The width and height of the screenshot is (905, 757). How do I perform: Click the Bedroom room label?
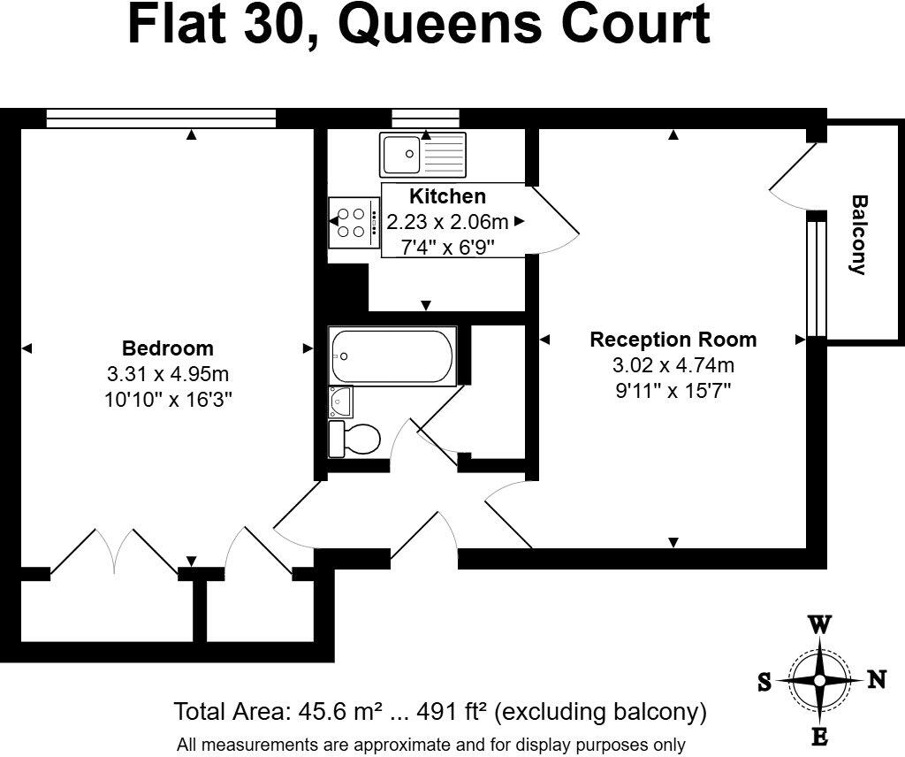pyautogui.click(x=167, y=348)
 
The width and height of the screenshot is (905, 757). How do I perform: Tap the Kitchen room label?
pyautogui.click(x=447, y=196)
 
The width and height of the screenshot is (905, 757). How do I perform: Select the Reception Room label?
pyautogui.click(x=673, y=340)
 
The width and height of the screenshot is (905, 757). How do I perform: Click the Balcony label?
pyautogui.click(x=858, y=235)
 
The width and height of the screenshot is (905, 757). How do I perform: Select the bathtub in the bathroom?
pyautogui.click(x=392, y=356)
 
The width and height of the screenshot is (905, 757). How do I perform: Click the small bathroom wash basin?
pyautogui.click(x=341, y=401)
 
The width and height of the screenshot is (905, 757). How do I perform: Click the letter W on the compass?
pyautogui.click(x=819, y=624)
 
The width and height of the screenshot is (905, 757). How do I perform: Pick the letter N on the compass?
pyautogui.click(x=876, y=679)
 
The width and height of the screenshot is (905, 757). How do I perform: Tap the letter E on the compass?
pyautogui.click(x=819, y=737)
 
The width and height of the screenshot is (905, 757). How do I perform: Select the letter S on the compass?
pyautogui.click(x=764, y=681)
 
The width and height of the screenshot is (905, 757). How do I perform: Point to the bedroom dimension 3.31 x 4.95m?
pyautogui.click(x=167, y=373)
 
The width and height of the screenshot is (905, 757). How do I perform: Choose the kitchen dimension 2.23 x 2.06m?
pyautogui.click(x=447, y=221)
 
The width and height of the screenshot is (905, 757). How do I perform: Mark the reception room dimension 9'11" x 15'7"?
pyautogui.click(x=673, y=389)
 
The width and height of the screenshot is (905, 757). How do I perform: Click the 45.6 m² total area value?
pyautogui.click(x=337, y=711)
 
